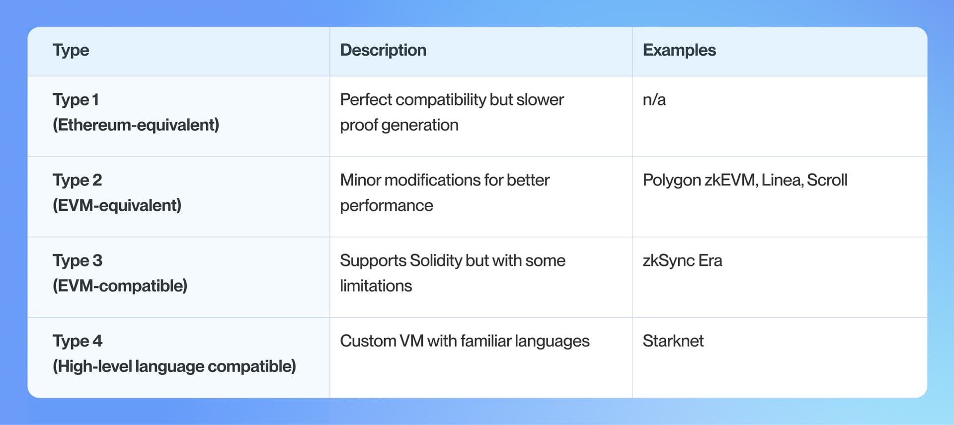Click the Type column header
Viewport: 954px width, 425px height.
[71, 50]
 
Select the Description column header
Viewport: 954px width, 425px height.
[383, 50]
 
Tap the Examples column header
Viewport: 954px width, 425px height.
[679, 50]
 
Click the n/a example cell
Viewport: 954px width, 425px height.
[654, 100]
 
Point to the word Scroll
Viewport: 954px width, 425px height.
[827, 180]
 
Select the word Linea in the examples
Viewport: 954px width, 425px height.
[781, 180]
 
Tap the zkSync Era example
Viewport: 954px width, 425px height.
[682, 260]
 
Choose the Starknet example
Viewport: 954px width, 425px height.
[673, 341]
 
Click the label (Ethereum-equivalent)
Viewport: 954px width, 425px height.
[136, 125]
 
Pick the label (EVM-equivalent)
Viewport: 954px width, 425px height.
[117, 205]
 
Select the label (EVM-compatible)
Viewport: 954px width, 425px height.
[120, 286]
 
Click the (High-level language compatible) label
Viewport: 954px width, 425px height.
[174, 366]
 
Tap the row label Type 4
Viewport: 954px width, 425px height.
[78, 341]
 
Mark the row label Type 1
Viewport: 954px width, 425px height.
[76, 100]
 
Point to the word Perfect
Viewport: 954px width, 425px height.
[366, 100]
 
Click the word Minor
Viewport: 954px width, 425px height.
[360, 180]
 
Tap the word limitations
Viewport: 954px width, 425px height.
[376, 286]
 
